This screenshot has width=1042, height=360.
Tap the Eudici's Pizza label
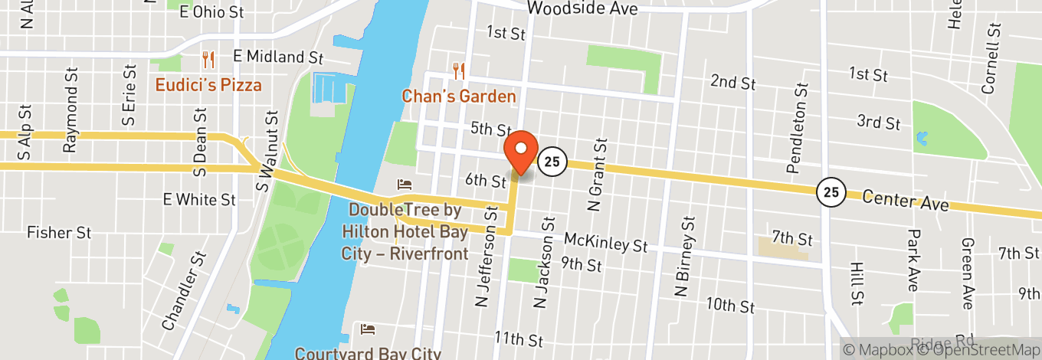coord(208,85)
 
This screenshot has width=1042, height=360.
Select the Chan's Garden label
coord(460,97)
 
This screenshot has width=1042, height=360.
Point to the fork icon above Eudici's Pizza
coord(208,58)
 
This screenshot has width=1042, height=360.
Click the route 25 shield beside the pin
coord(550,162)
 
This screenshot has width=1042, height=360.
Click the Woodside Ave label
coord(582,9)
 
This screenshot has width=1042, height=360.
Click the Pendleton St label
coord(801,127)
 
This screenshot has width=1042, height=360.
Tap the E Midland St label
coord(279,57)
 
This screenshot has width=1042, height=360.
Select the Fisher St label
coord(59,232)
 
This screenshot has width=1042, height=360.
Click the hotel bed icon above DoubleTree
coord(404,185)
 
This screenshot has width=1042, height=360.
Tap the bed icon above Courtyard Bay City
coord(369,329)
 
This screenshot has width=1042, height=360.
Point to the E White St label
coord(199,200)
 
